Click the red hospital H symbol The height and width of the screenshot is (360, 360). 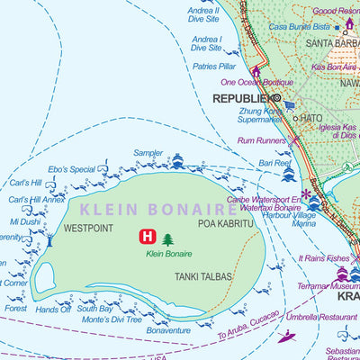coord(145,238)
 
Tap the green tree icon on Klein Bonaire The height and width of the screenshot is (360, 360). coord(167,239)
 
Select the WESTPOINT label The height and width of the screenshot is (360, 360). coord(89,229)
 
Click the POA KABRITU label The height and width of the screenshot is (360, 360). coord(226,222)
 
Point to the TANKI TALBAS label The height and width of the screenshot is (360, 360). coord(203,277)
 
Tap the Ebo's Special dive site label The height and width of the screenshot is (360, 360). coord(71,169)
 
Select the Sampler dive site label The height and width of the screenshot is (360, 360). coord(148,154)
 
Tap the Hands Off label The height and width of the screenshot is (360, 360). coord(53,310)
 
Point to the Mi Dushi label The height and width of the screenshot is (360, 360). coord(24,220)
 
